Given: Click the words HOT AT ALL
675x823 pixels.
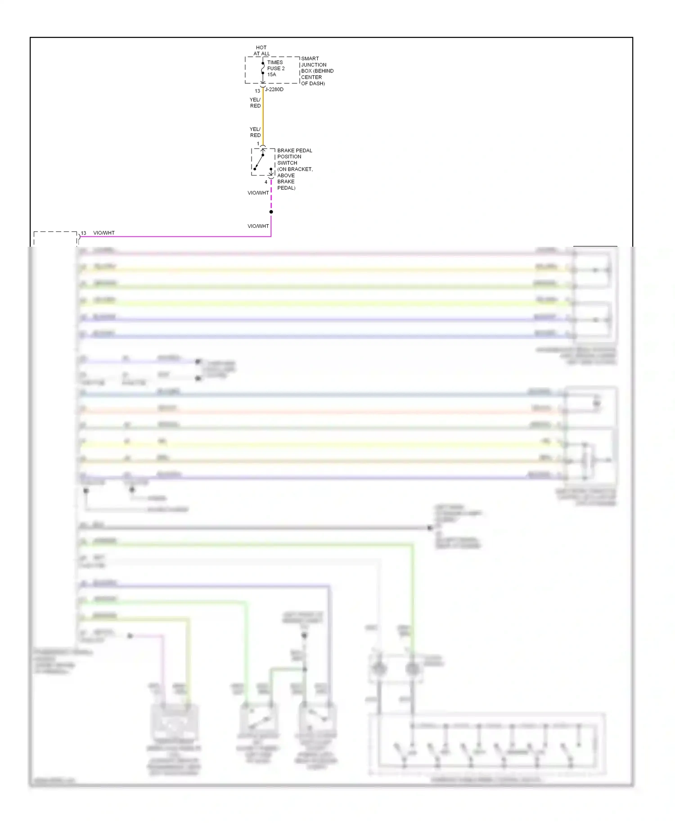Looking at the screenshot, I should pos(261,50).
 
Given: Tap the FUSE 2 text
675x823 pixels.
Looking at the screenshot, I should pos(276,68).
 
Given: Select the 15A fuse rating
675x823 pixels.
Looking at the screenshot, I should pos(271,75).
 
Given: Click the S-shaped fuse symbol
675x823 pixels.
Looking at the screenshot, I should pos(263,68).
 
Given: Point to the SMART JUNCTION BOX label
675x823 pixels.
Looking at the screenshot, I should pos(317,71).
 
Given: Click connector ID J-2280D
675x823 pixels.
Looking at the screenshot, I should pos(274,90).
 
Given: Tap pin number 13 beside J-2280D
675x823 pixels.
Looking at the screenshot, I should pos(257,91).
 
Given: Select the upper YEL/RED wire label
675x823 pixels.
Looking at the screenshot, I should pos(255,103).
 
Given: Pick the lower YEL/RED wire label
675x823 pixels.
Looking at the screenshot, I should pos(255,132).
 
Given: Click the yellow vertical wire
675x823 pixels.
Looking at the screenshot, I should pos(263,117).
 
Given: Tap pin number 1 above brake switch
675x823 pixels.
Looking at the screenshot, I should pos(258,144).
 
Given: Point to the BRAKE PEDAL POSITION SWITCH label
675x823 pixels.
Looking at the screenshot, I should pos(294,169).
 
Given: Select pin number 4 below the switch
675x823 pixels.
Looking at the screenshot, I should pos(266,182).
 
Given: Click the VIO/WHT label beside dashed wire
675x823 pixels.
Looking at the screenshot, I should pos(258,193).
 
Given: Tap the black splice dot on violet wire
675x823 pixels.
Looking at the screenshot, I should pos(271,212).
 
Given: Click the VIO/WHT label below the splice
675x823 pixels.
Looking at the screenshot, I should pos(258,226).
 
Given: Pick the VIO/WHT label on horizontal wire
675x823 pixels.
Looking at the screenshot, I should pos(104,233).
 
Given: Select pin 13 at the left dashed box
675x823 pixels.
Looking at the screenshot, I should pos(83,233).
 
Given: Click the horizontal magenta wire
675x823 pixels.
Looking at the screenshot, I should pos(180,236).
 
